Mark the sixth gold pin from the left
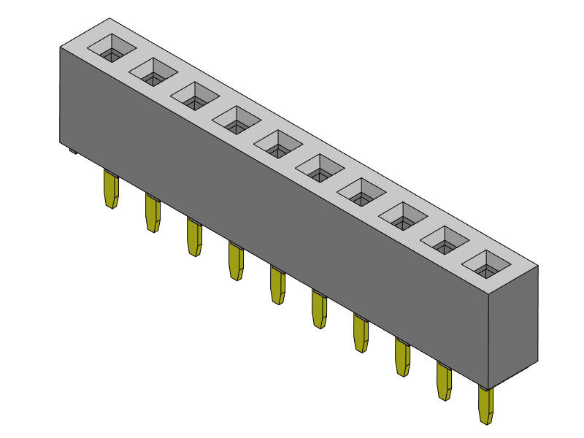319,310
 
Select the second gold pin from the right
444,381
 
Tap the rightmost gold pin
485,405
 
